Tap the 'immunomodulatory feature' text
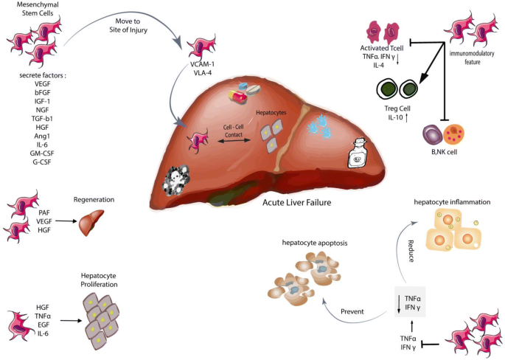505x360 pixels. (x=474, y=58)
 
